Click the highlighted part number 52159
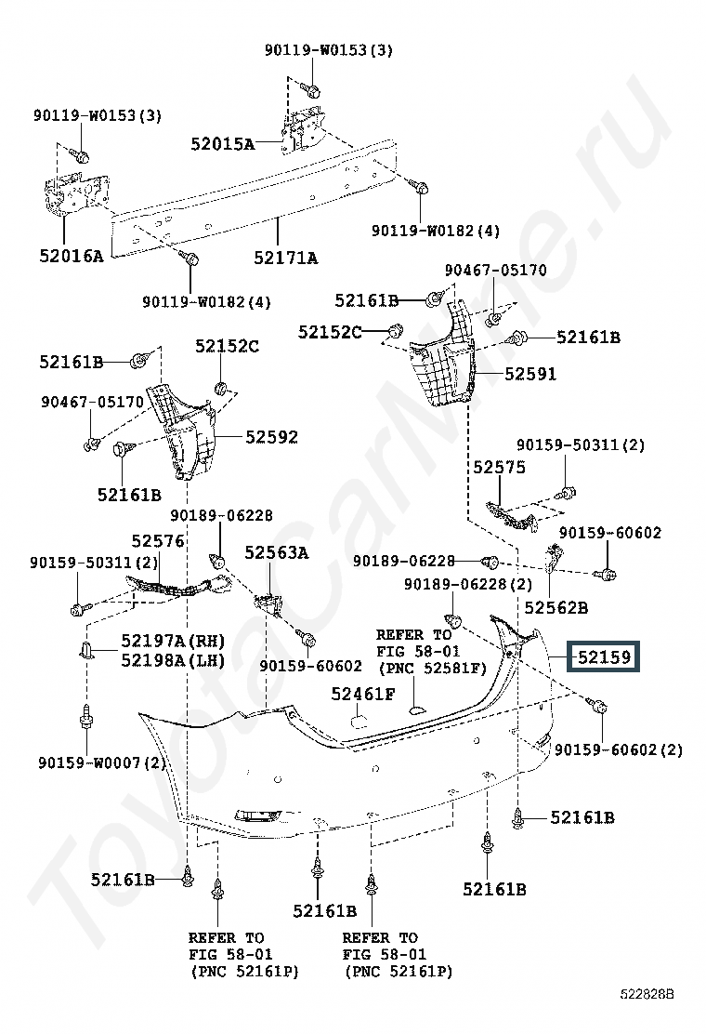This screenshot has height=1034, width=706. [604, 656]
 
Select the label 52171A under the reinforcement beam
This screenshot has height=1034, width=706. [286, 258]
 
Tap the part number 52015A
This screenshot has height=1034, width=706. [223, 144]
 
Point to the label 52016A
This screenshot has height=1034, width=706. [72, 256]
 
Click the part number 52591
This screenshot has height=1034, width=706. [530, 374]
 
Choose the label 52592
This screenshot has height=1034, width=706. [271, 436]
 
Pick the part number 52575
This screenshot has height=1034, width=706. [499, 467]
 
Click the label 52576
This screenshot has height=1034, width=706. [158, 541]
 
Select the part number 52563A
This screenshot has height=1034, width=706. [277, 552]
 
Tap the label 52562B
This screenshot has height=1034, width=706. [556, 607]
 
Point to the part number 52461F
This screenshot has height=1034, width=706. [363, 694]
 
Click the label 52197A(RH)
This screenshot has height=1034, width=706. [173, 641]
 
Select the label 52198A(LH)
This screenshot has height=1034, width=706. [173, 660]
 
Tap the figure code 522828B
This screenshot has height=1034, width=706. [646, 994]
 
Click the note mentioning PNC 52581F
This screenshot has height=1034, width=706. [432, 652]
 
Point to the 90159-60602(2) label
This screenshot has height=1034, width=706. [619, 749]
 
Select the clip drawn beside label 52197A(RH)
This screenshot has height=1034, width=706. [85, 651]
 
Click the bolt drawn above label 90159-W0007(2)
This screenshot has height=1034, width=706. [85, 717]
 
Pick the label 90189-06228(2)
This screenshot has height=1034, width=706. [468, 584]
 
